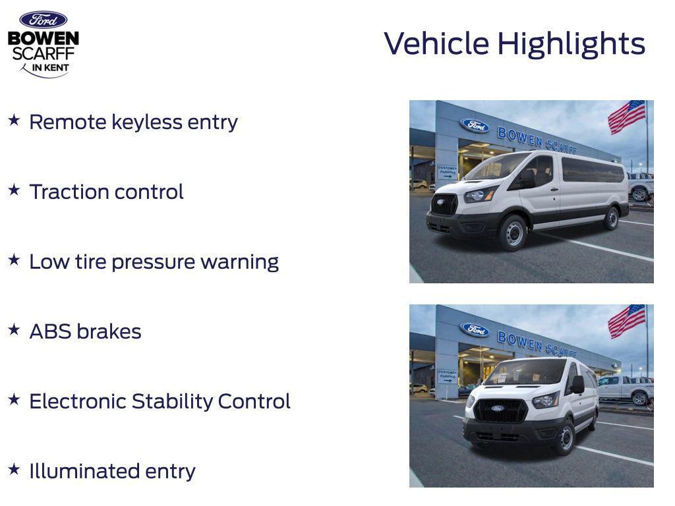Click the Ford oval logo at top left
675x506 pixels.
[x=43, y=20]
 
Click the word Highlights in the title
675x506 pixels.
[x=571, y=44]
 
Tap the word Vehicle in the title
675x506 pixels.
[x=436, y=44]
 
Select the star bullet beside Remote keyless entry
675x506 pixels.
[x=14, y=121]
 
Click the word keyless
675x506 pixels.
[x=146, y=123]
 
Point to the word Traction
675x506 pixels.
[x=69, y=192]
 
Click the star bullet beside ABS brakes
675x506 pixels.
[x=14, y=329]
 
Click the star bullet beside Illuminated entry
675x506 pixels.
[x=14, y=469]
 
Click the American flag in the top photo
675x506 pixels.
[x=626, y=117]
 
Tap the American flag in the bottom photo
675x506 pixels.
[x=626, y=321]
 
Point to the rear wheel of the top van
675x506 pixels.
[x=611, y=218]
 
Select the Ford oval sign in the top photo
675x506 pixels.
[x=475, y=125]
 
